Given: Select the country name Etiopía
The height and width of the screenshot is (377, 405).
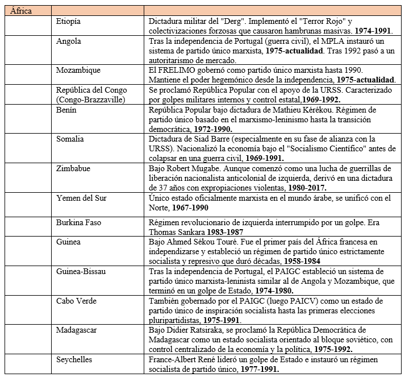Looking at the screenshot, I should point(69,21).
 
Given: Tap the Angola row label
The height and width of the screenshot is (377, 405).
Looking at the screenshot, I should point(68,41).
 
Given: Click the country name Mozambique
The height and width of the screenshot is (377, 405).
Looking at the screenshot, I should point(78,70).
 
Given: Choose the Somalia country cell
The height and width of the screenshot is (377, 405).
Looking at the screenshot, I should point(70,139).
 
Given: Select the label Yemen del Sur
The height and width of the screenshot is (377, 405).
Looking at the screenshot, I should point(81,197).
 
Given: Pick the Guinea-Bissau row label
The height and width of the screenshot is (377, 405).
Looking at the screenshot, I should point(81,272).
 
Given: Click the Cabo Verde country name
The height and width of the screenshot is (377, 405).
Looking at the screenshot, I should point(76,301).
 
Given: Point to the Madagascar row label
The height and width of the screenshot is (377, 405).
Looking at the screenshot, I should point(78,330).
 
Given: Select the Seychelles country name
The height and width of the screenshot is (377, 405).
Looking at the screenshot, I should point(74,359).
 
